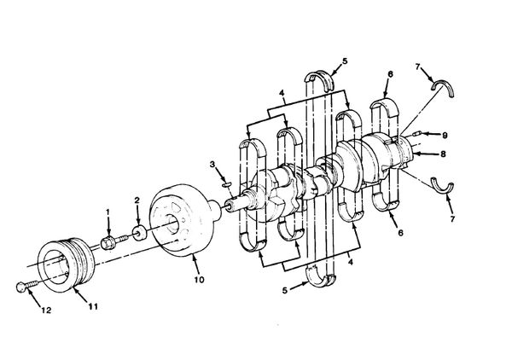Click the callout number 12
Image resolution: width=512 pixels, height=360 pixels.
click(x=46, y=310)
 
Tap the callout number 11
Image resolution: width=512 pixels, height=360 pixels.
click(x=93, y=306)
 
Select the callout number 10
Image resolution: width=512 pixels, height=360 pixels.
click(x=199, y=280)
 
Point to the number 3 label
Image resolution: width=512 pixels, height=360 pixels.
click(x=212, y=164)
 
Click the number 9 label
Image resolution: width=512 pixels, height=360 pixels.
click(x=445, y=135)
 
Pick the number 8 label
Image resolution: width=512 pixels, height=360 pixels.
click(x=443, y=154)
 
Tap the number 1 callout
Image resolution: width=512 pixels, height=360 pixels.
click(x=108, y=212)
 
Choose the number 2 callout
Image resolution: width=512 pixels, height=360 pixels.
click(x=137, y=200)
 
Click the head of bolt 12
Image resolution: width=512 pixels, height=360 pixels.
click(x=20, y=287)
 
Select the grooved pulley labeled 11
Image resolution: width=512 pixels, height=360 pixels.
click(x=67, y=264)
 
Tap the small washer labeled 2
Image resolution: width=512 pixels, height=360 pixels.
click(x=139, y=233)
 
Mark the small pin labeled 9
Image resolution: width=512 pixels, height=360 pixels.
click(x=416, y=133)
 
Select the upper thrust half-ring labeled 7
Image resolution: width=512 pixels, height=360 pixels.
click(x=443, y=85)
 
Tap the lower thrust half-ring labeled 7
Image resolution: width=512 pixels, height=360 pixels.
click(x=442, y=185)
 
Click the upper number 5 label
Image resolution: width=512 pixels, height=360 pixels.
click(x=345, y=61)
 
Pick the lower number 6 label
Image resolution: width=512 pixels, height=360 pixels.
click(x=401, y=232)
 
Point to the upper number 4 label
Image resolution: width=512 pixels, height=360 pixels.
click(x=282, y=93)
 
